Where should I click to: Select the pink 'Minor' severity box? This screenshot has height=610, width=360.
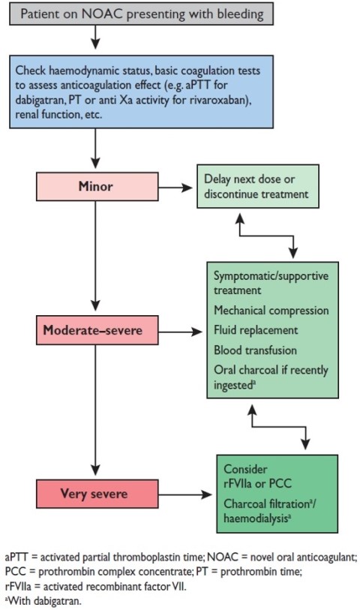pyautogui.click(x=95, y=186)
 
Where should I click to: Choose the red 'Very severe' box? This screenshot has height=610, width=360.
pyautogui.click(x=95, y=494)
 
